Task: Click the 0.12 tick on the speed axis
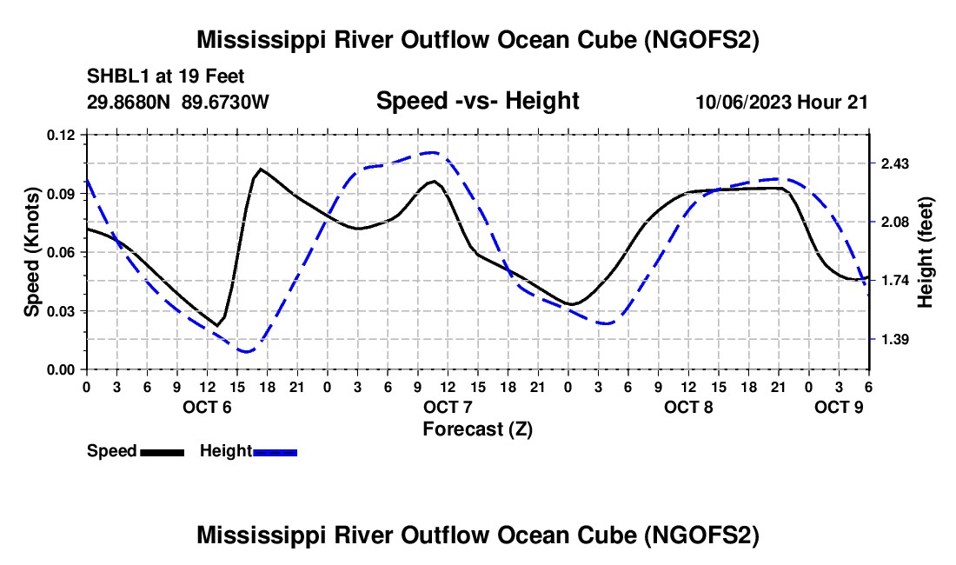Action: coord(62,135)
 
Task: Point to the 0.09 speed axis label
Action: coord(62,193)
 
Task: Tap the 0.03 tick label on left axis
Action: coord(62,310)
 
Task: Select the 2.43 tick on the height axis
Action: coord(894,164)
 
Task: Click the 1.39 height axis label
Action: coord(894,339)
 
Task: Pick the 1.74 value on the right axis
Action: coord(894,281)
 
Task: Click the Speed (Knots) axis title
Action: coord(32,252)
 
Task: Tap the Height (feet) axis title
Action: coord(926,252)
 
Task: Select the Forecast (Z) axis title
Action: coord(477,429)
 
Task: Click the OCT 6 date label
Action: coord(206,407)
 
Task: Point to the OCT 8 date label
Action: coord(688,407)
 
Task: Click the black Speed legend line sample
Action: coord(162,451)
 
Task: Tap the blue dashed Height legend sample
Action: coord(276,451)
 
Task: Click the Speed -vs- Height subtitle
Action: coord(477,101)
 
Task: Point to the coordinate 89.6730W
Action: coord(226,102)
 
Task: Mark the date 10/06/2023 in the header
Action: coord(743,102)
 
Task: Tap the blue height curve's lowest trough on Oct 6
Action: coord(248,351)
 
